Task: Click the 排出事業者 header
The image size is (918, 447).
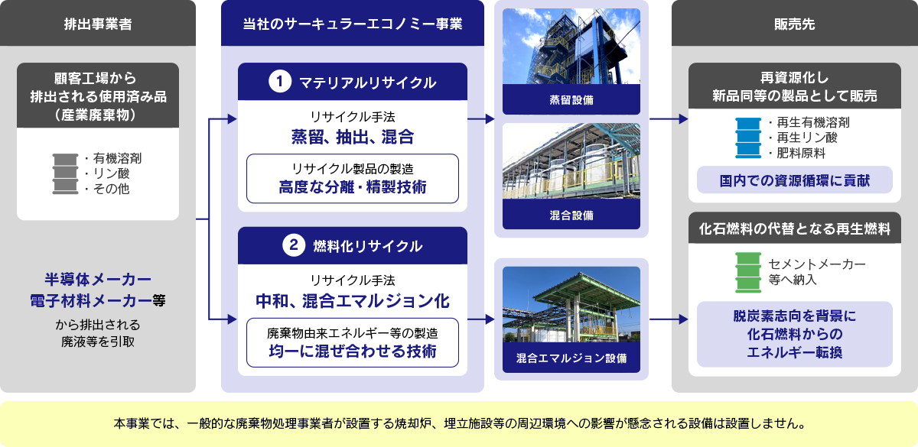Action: [98, 23]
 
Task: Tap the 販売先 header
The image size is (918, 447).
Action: [794, 23]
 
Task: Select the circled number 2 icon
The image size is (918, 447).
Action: [294, 245]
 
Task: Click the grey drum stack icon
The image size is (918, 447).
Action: [66, 173]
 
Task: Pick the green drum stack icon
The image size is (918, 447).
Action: [749, 272]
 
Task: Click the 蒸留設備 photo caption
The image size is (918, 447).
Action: [571, 99]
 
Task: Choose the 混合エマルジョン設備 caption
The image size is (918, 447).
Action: [571, 358]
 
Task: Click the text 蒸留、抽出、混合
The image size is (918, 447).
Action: [352, 138]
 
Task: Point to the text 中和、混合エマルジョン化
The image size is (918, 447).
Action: [352, 300]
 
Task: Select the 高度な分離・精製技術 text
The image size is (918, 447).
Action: [352, 186]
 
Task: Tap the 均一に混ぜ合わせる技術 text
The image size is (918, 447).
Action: [352, 351]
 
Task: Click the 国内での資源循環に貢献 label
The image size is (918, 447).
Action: [794, 181]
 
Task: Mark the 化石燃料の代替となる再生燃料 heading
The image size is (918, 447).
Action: [794, 228]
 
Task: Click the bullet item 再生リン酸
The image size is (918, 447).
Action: [800, 138]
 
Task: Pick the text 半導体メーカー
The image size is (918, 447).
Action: [98, 279]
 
